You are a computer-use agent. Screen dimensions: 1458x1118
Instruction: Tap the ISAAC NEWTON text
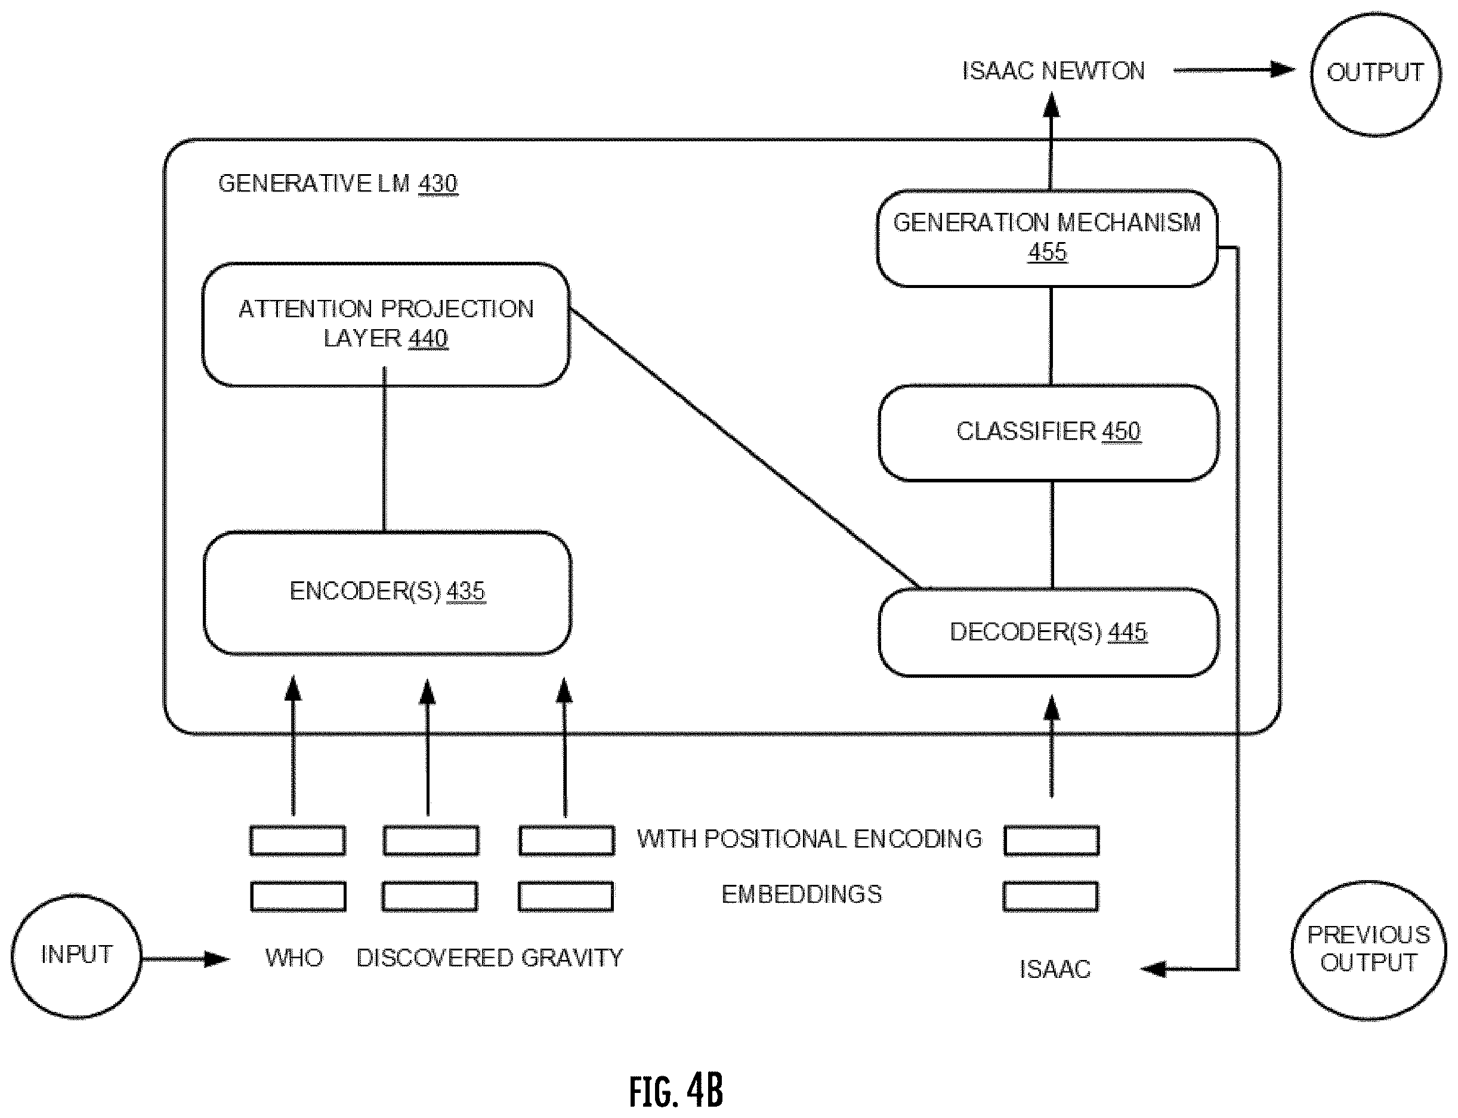coord(1053,71)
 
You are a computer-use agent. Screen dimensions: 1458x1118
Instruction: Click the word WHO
coord(294,958)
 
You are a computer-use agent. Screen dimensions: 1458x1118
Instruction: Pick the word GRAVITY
coord(572,958)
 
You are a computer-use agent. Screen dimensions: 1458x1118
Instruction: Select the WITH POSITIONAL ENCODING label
coord(810,839)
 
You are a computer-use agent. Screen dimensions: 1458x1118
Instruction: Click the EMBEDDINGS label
coord(802,894)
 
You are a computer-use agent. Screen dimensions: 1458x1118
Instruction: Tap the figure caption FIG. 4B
coord(676,1089)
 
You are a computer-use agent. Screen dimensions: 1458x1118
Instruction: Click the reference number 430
coord(438,184)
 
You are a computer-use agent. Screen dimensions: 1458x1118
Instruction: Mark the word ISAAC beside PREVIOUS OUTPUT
coord(1055,970)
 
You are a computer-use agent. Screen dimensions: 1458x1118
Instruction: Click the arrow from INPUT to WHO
coord(186,959)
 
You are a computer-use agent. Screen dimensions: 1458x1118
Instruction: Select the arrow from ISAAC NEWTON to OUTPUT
coord(1235,70)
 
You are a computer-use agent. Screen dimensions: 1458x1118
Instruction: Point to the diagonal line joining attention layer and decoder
coord(745,449)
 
